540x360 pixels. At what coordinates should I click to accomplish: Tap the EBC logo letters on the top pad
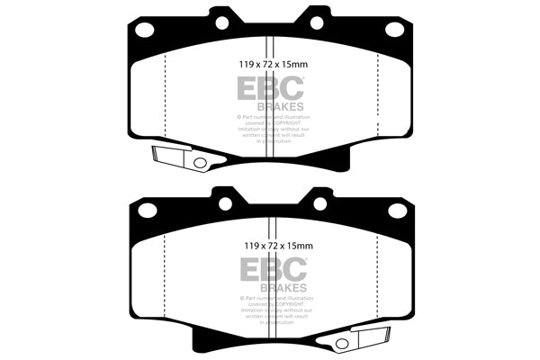(270, 87)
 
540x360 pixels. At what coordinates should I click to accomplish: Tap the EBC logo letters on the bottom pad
(270, 268)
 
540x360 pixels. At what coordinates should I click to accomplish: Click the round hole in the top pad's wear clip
(201, 163)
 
